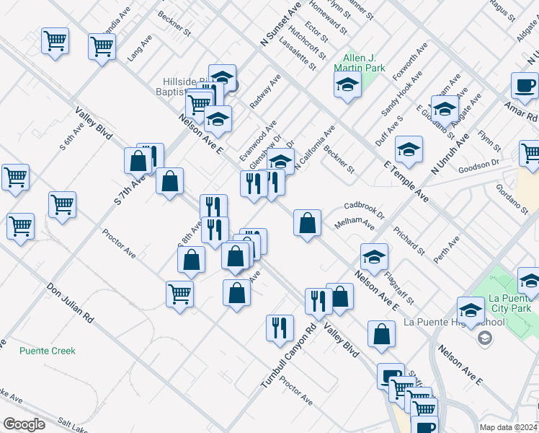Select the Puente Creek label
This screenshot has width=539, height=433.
click(x=48, y=351)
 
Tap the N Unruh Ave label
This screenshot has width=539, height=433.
click(x=448, y=152)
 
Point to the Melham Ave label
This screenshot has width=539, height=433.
click(x=355, y=225)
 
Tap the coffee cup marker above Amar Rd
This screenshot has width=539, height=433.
click(x=525, y=85)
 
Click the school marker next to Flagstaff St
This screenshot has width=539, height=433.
click(x=374, y=257)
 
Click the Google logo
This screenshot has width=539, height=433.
click(x=24, y=424)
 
